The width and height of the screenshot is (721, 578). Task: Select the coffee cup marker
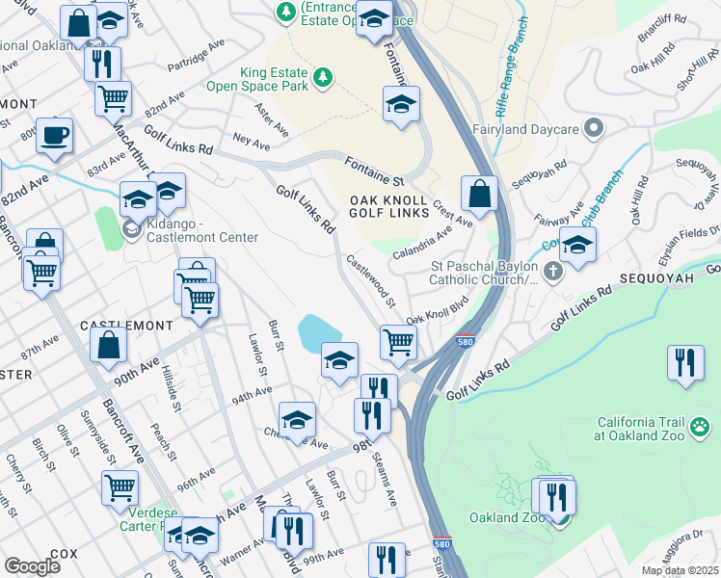(x=54, y=135)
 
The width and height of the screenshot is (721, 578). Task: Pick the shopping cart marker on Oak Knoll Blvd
(x=397, y=342)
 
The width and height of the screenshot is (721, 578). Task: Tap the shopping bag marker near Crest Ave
(x=478, y=194)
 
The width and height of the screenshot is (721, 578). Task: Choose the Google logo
(x=32, y=565)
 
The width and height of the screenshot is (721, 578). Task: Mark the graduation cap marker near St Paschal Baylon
(x=576, y=245)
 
